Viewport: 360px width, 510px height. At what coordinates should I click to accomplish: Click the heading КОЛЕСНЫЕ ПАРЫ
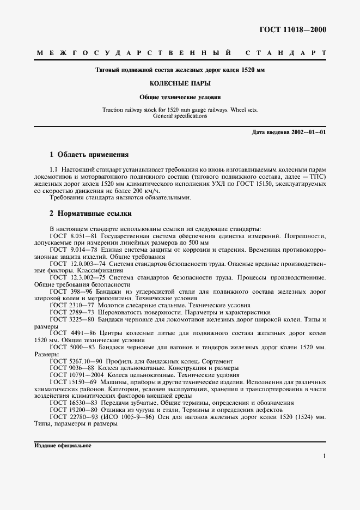click(x=180, y=84)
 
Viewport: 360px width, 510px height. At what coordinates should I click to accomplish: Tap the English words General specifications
click(x=180, y=116)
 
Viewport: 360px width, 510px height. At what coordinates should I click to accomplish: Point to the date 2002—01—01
click(x=308, y=132)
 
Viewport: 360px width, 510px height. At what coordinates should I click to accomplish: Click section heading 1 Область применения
click(x=89, y=155)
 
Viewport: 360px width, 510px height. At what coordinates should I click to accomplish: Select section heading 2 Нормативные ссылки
click(x=90, y=214)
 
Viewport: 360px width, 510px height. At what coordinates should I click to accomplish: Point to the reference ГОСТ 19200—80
click(x=75, y=409)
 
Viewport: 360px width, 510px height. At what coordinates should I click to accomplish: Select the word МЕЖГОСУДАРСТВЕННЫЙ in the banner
click(x=133, y=53)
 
